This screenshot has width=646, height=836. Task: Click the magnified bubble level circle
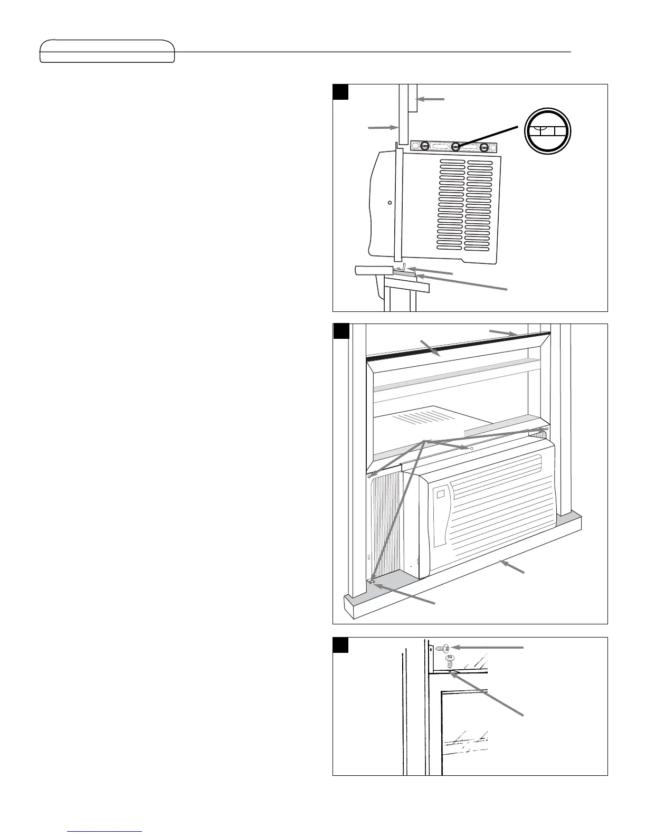(x=548, y=131)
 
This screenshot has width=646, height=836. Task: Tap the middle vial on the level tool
(x=455, y=146)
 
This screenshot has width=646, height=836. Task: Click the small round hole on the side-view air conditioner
(x=389, y=202)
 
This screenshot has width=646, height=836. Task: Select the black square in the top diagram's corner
(x=341, y=91)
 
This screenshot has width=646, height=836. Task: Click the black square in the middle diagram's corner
(x=341, y=331)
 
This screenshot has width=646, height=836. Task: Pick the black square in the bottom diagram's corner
(x=341, y=644)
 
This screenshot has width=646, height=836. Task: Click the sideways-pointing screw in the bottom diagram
(x=443, y=648)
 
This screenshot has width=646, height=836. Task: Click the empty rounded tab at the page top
(x=107, y=51)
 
